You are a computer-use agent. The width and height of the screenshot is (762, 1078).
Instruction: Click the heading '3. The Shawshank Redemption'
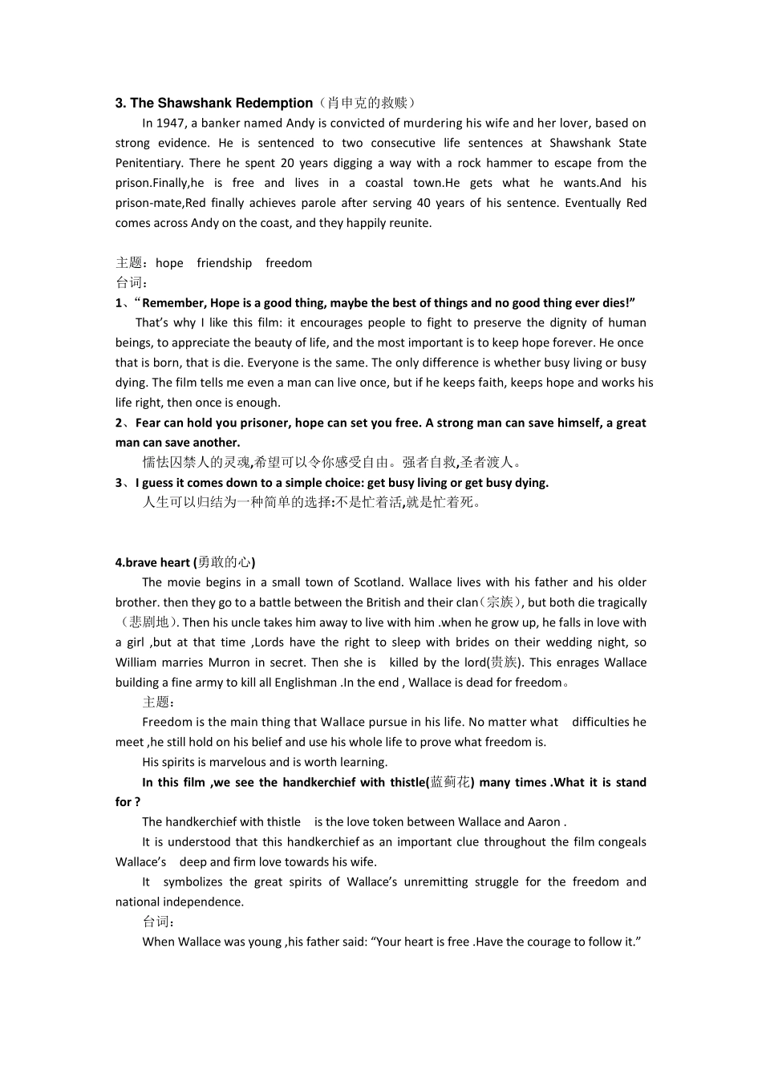click(214, 103)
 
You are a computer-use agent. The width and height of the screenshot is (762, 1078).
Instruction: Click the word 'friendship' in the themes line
click(224, 263)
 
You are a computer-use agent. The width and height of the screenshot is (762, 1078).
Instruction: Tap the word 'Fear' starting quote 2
click(148, 423)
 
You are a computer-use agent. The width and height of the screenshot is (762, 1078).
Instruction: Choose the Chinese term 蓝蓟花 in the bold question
click(450, 782)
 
